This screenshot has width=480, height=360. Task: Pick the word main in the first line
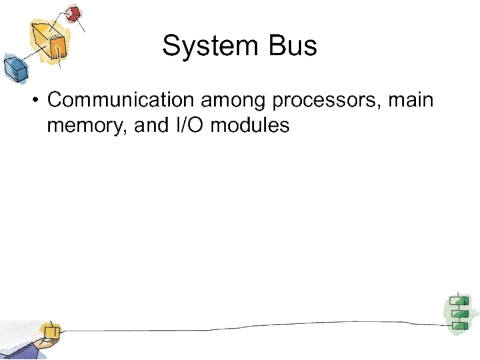click(x=410, y=100)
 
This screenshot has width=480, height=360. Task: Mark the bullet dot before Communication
click(x=37, y=100)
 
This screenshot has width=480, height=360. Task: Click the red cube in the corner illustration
click(x=73, y=14)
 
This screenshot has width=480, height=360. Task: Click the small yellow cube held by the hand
click(x=52, y=331)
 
